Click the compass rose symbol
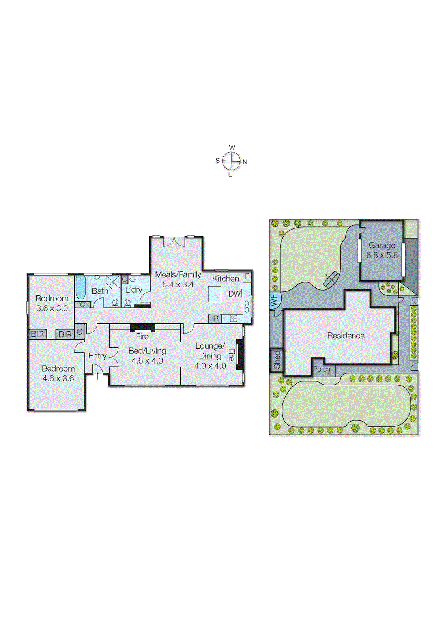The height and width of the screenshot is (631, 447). pyautogui.click(x=231, y=161)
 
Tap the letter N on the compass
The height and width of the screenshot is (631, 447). pyautogui.click(x=245, y=162)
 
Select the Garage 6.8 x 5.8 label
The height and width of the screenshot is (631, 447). pyautogui.click(x=382, y=250)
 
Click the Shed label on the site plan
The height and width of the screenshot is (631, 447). pyautogui.click(x=277, y=360)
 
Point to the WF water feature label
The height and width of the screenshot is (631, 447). pyautogui.click(x=275, y=301)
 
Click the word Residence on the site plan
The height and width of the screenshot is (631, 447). pyautogui.click(x=346, y=336)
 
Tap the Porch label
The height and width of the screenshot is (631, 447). pyautogui.click(x=321, y=369)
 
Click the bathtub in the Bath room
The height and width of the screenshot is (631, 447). pyautogui.click(x=80, y=287)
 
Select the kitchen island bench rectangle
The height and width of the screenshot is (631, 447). pyautogui.click(x=215, y=294)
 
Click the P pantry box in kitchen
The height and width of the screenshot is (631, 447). pyautogui.click(x=215, y=319)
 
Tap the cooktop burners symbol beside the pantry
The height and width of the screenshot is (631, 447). pyautogui.click(x=233, y=319)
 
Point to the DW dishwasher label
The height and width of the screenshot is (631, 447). pyautogui.click(x=234, y=294)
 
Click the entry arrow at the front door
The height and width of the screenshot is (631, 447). pyautogui.click(x=98, y=376)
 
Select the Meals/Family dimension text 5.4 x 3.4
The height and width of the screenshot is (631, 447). pyautogui.click(x=178, y=284)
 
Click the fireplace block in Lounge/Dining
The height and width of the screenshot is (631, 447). pyautogui.click(x=240, y=354)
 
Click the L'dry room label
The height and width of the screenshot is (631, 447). pyautogui.click(x=133, y=290)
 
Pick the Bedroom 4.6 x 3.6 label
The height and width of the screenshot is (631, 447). pyautogui.click(x=58, y=373)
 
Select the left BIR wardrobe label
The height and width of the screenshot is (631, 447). pyautogui.click(x=37, y=334)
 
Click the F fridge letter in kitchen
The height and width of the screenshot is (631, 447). pyautogui.click(x=247, y=276)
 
